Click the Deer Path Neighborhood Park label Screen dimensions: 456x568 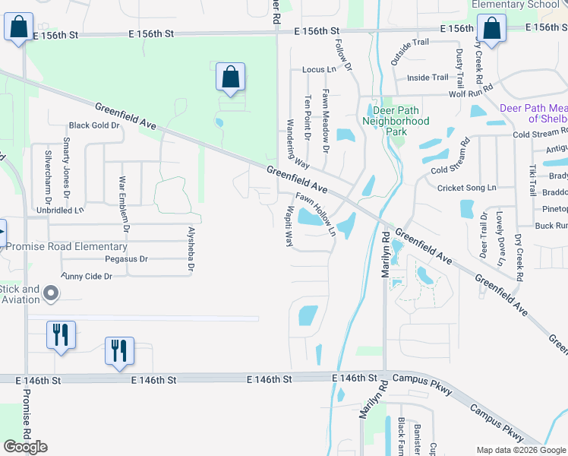[x=396, y=121]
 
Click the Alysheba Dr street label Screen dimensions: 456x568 [x=191, y=248]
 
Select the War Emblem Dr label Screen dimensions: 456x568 [x=123, y=203]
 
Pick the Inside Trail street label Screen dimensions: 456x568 [x=428, y=78]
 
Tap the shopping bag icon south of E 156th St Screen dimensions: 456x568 [x=230, y=77]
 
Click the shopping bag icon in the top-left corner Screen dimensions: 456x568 [x=19, y=28]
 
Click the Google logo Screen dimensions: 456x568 [x=25, y=447]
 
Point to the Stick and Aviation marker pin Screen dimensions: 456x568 [x=51, y=293]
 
